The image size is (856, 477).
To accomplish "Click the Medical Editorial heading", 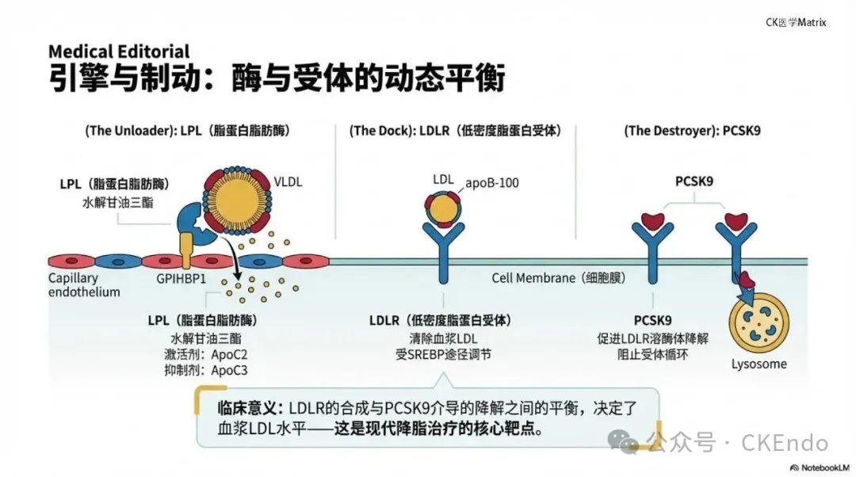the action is tap(119, 52).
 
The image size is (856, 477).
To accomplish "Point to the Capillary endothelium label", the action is tap(84, 285).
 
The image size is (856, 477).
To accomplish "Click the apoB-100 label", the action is tap(491, 183).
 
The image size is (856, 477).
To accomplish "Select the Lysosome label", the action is tap(759, 364).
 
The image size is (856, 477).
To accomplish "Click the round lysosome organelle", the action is tap(759, 324).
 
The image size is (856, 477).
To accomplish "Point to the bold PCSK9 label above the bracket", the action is tap(694, 181).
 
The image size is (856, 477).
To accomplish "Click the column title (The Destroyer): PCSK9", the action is tap(692, 131).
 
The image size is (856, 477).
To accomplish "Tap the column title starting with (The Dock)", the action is tap(455, 131).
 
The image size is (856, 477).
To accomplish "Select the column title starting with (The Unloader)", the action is tap(187, 131).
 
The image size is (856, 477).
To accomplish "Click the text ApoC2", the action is tap(230, 355).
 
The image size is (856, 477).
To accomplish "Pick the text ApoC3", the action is tap(230, 371).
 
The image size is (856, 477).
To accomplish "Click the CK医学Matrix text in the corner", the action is tap(795, 22).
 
